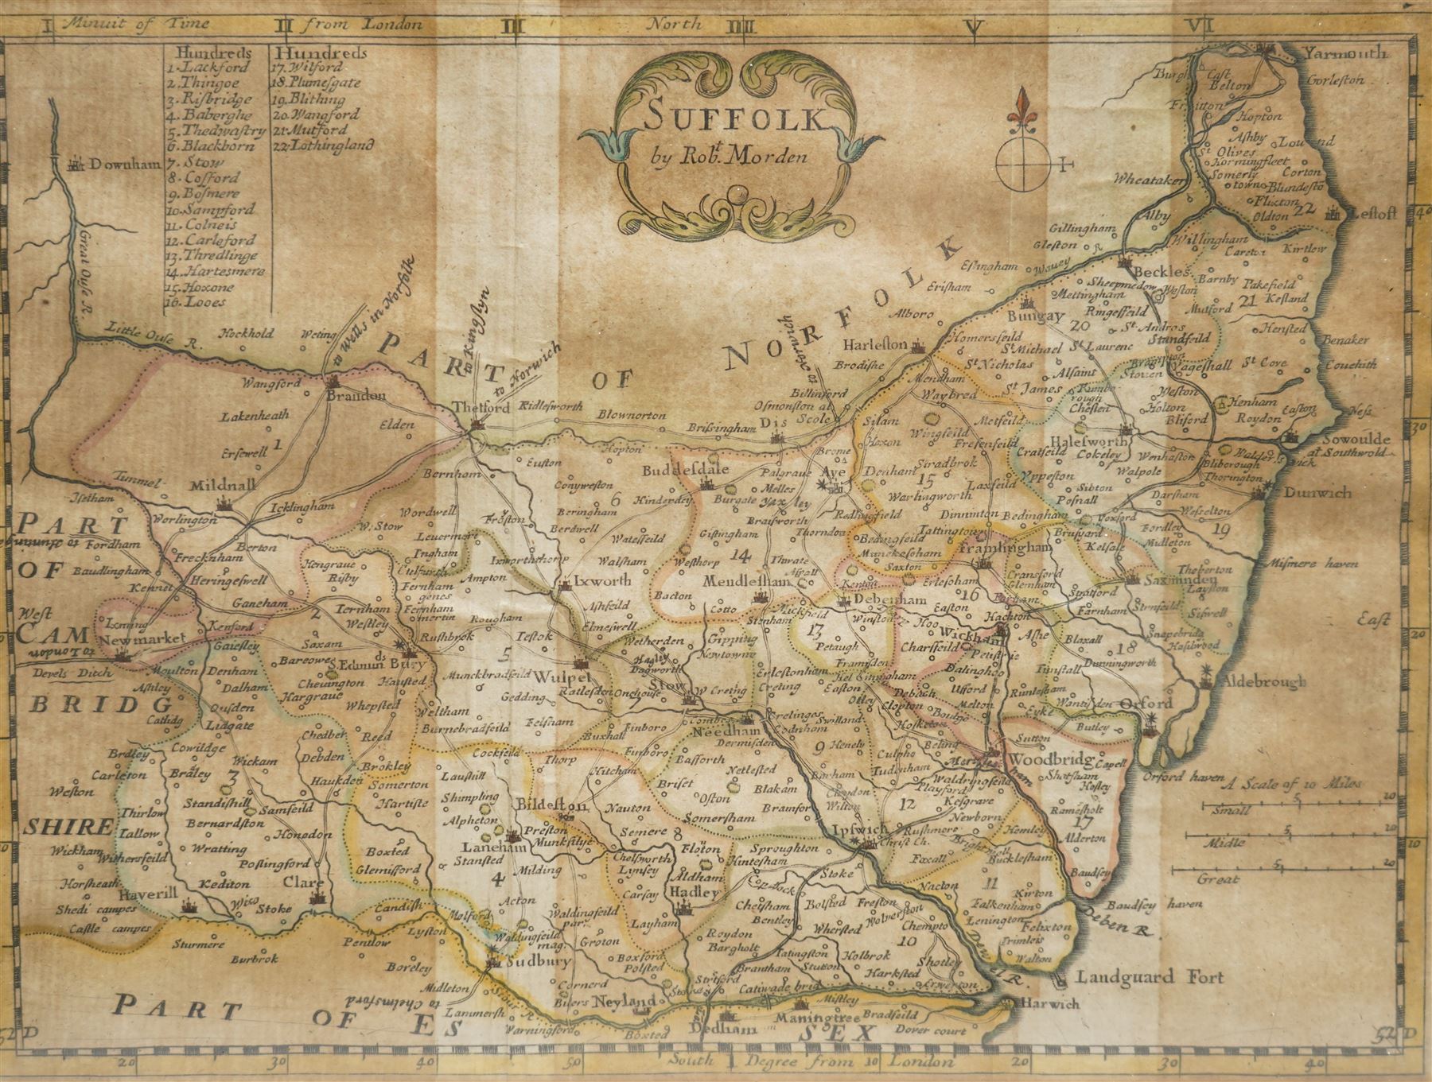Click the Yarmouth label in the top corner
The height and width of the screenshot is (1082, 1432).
tap(1344, 54)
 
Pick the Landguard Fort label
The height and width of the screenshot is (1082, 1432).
tap(1150, 977)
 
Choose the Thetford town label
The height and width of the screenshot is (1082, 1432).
tap(481, 408)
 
